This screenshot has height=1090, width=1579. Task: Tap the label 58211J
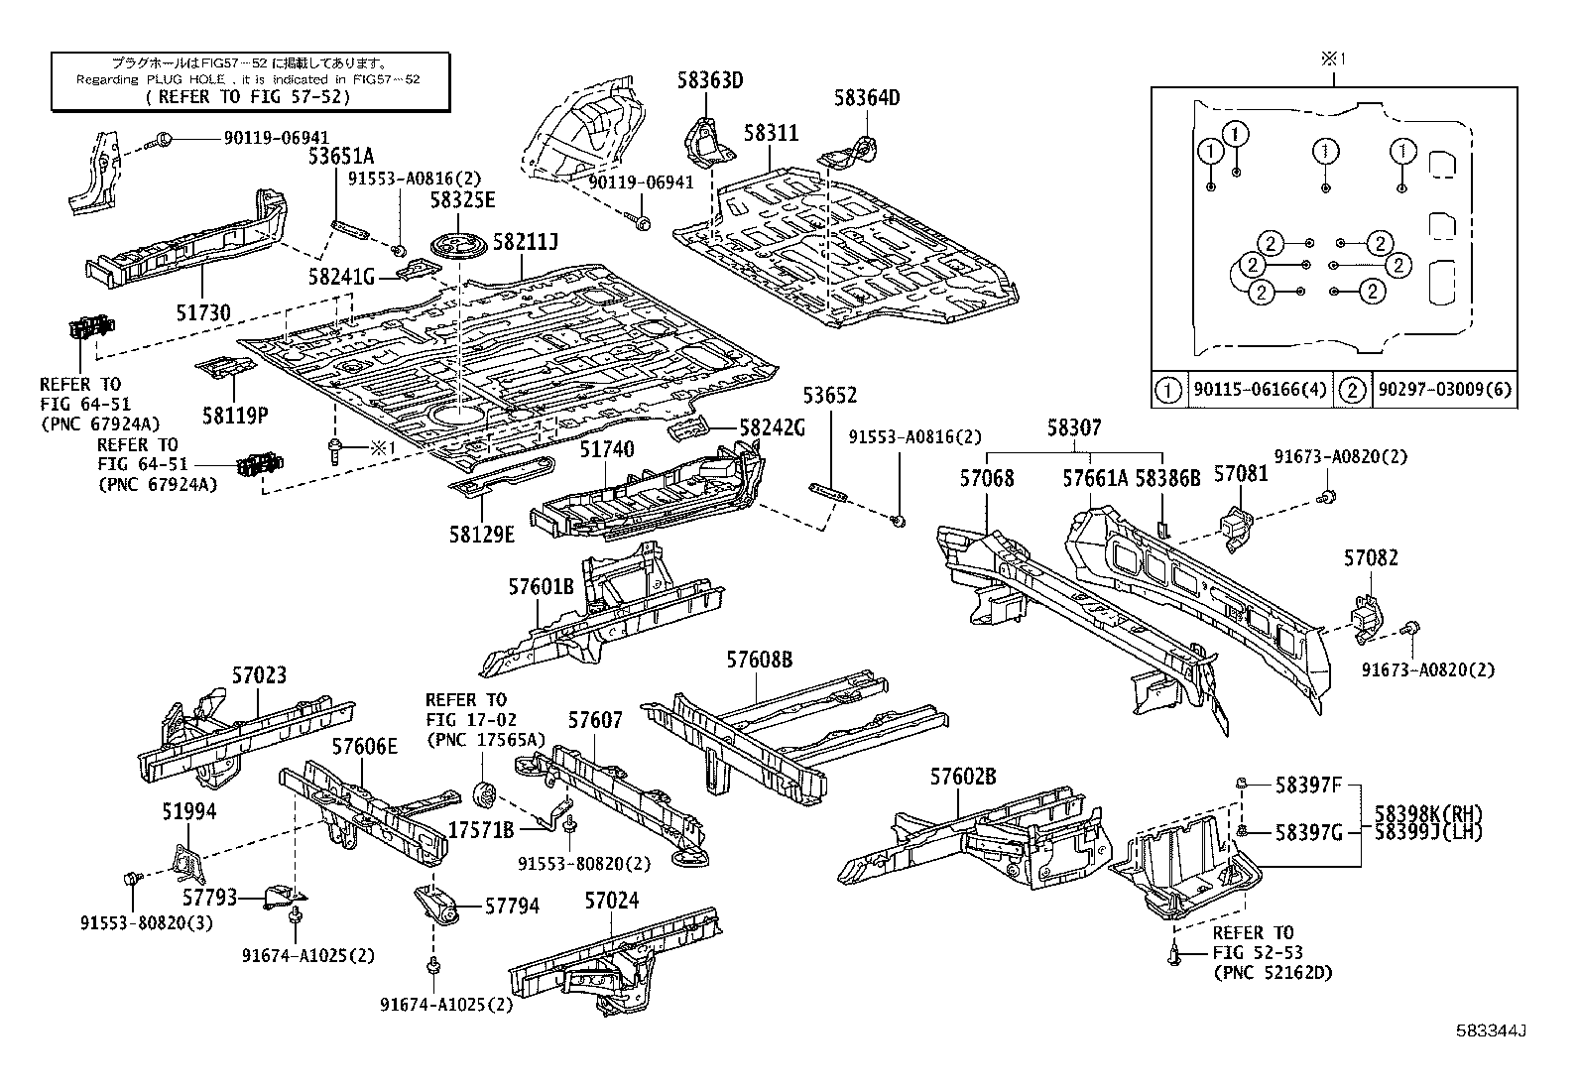tap(526, 241)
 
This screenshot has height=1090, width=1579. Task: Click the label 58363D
tap(710, 80)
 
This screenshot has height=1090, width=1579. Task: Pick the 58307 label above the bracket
tap(1075, 427)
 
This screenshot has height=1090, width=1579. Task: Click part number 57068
tap(986, 478)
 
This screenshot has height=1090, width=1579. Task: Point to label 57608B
tap(759, 660)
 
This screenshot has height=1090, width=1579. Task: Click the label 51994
tap(188, 811)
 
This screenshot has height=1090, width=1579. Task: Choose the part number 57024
tap(611, 901)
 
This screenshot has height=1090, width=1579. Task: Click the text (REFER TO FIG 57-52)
tap(250, 96)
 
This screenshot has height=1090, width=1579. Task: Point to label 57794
tap(512, 906)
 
